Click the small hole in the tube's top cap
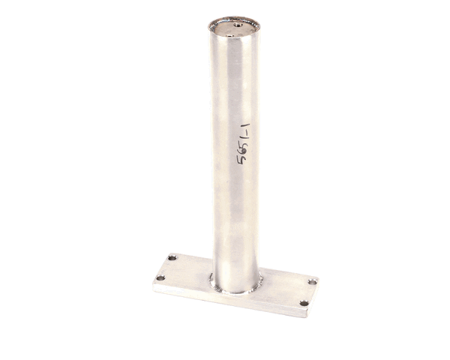(x=237, y=24)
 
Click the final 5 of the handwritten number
(x=242, y=159)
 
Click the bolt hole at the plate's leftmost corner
(x=160, y=277)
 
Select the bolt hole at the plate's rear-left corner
(x=172, y=258)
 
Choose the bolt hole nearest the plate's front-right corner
(x=304, y=303)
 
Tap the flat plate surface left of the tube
(x=188, y=271)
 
